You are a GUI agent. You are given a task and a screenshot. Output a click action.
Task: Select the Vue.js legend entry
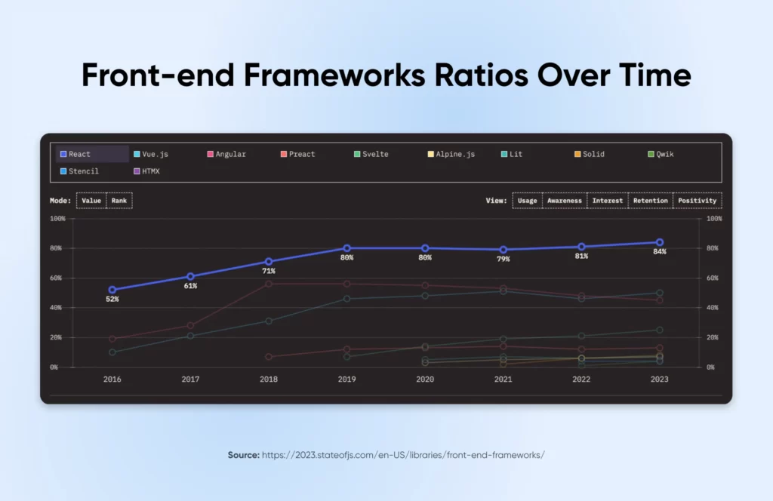154,154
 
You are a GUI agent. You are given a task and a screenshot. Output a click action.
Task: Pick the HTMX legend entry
150,171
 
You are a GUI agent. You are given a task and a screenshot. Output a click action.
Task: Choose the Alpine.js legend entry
455,154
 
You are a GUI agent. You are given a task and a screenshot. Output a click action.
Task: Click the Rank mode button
119,201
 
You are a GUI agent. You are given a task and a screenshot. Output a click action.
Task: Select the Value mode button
91,201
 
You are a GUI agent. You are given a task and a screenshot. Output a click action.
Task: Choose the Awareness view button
565,201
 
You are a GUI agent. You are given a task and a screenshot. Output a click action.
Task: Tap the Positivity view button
697,201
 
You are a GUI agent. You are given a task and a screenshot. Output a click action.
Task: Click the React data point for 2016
112,290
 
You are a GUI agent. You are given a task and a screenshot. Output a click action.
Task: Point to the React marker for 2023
660,242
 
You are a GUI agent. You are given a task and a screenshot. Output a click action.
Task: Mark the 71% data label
268,271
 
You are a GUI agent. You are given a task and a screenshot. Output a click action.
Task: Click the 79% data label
503,260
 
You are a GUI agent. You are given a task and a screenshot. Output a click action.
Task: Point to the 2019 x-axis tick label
346,380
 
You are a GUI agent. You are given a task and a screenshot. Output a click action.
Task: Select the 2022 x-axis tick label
581,380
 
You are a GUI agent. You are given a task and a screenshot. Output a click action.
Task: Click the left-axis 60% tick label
58,278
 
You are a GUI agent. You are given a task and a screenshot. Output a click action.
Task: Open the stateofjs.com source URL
403,455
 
